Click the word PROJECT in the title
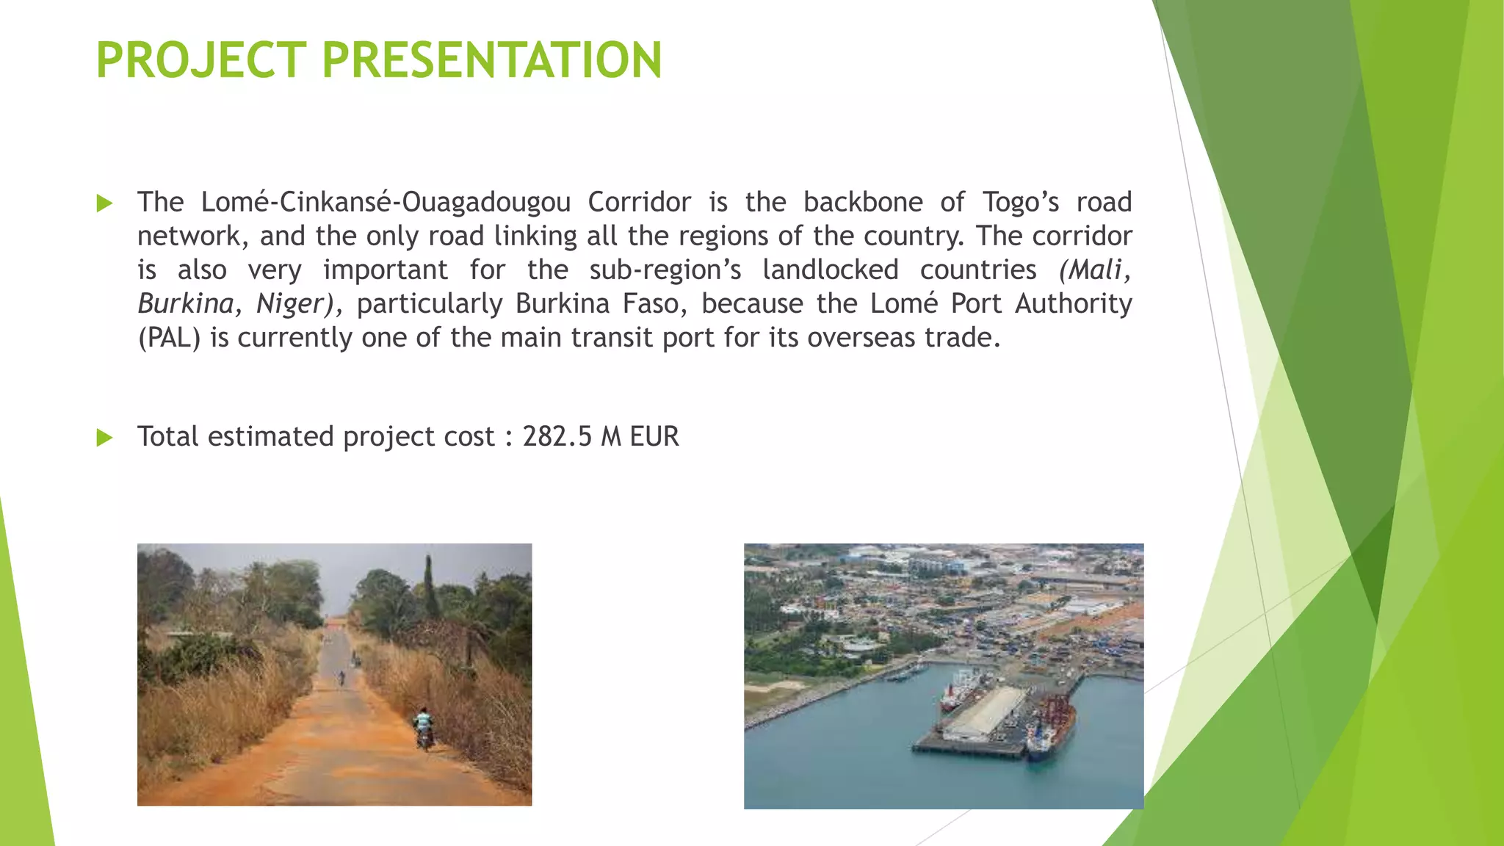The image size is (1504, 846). click(201, 60)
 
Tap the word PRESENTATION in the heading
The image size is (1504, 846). click(492, 60)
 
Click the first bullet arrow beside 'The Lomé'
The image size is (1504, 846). click(105, 203)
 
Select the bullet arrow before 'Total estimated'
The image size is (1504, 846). click(105, 438)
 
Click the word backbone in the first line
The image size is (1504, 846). click(863, 202)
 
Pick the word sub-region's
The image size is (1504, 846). click(665, 270)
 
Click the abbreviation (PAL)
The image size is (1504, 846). click(169, 338)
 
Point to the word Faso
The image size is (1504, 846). click(655, 304)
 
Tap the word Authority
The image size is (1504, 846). click(1074, 304)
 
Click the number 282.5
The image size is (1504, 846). click(557, 437)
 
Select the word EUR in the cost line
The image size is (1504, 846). click(654, 437)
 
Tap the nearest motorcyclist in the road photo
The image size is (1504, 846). click(424, 727)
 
